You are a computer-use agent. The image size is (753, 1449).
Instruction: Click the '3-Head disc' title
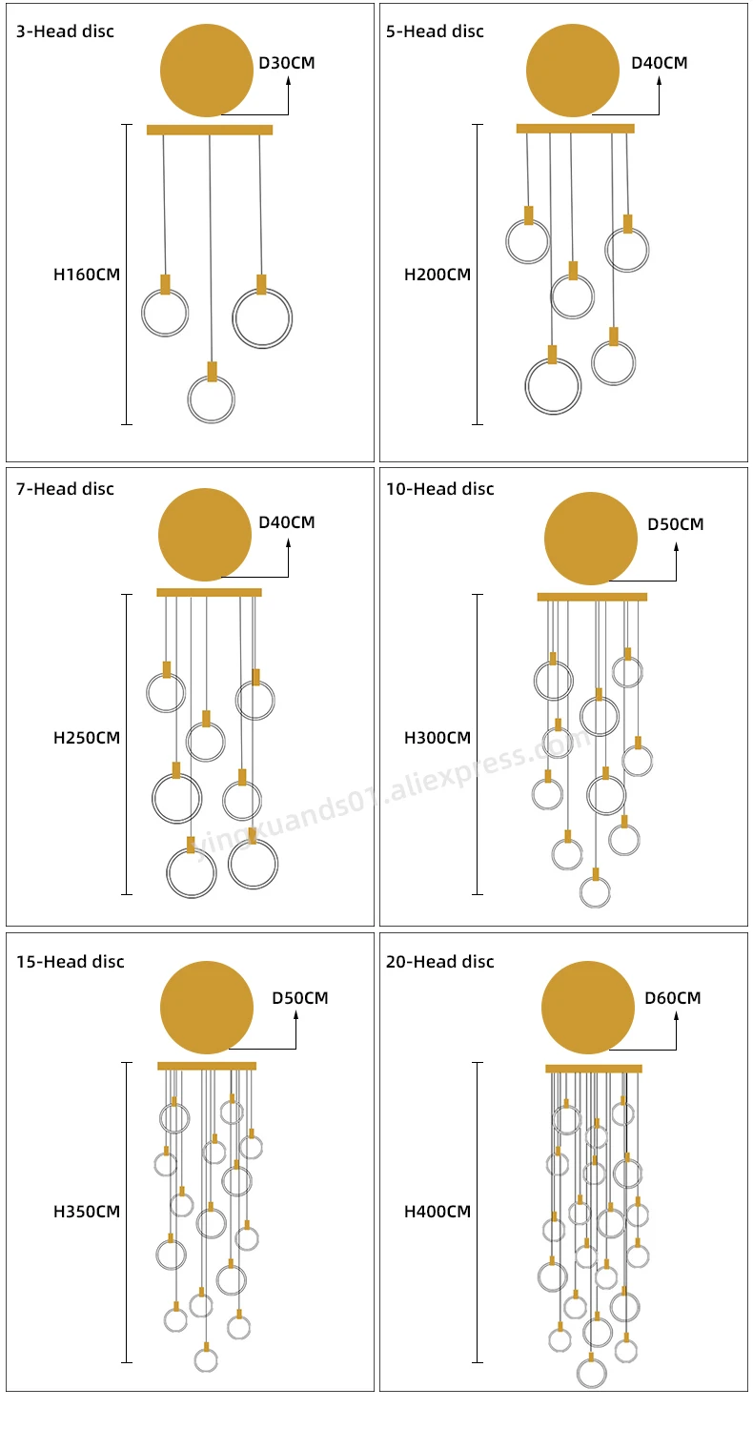(x=65, y=31)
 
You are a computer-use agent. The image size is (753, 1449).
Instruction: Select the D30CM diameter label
(x=286, y=64)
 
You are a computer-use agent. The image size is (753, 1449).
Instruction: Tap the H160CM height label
(x=87, y=276)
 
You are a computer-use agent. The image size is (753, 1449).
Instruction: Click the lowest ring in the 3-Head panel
(x=211, y=399)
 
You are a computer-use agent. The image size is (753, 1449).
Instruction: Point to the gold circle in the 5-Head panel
(x=573, y=71)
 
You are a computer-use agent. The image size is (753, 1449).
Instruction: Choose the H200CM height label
(x=438, y=276)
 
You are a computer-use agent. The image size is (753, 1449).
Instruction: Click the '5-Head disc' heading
(x=435, y=31)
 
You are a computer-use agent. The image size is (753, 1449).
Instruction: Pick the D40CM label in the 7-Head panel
(x=286, y=522)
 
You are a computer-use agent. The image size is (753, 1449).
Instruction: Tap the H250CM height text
(x=87, y=738)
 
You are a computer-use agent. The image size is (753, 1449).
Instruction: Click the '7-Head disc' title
(x=65, y=489)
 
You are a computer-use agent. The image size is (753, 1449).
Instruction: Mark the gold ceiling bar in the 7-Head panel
(x=209, y=592)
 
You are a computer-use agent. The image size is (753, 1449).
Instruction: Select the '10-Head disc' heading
(x=439, y=489)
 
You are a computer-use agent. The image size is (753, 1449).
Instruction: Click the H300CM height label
(x=438, y=738)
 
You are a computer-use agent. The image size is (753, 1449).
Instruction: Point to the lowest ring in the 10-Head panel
(x=595, y=892)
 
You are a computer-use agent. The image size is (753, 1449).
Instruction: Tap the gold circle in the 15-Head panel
(x=207, y=1008)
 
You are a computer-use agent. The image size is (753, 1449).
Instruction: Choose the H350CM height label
(x=87, y=1213)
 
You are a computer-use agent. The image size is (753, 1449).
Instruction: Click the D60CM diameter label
(x=672, y=998)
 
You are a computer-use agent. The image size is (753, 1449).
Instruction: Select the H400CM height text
(x=438, y=1213)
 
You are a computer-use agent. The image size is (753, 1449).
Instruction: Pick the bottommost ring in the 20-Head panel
(x=591, y=1373)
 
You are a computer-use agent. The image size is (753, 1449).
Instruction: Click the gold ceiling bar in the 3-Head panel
(x=210, y=130)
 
